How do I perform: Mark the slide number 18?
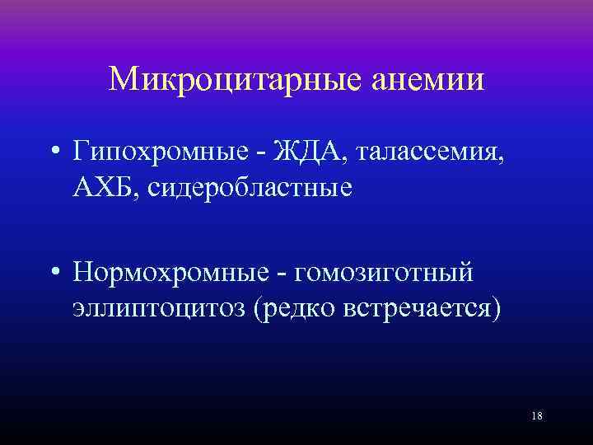point(537,416)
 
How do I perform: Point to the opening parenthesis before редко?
point(258,310)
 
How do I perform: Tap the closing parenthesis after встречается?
point(495,310)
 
